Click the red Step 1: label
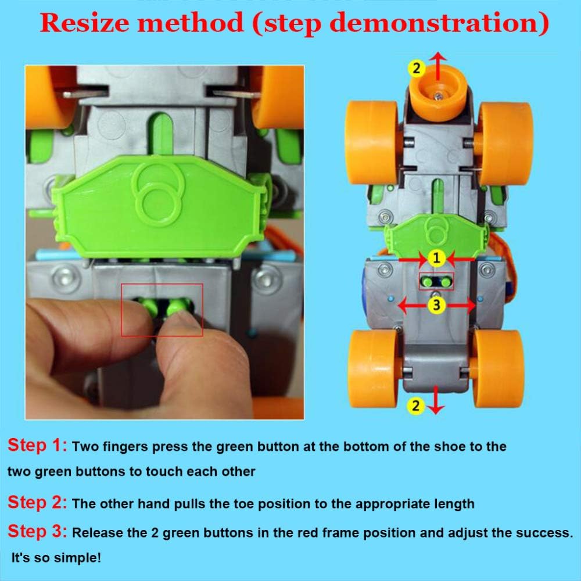[37, 445]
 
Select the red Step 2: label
[37, 503]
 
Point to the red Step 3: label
[37, 531]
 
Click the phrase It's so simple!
[56, 558]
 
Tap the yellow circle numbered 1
[436, 258]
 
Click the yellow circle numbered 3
[436, 306]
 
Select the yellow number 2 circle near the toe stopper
[417, 68]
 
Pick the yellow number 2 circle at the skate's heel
[415, 406]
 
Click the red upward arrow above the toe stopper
[438, 66]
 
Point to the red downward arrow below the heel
[436, 400]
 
